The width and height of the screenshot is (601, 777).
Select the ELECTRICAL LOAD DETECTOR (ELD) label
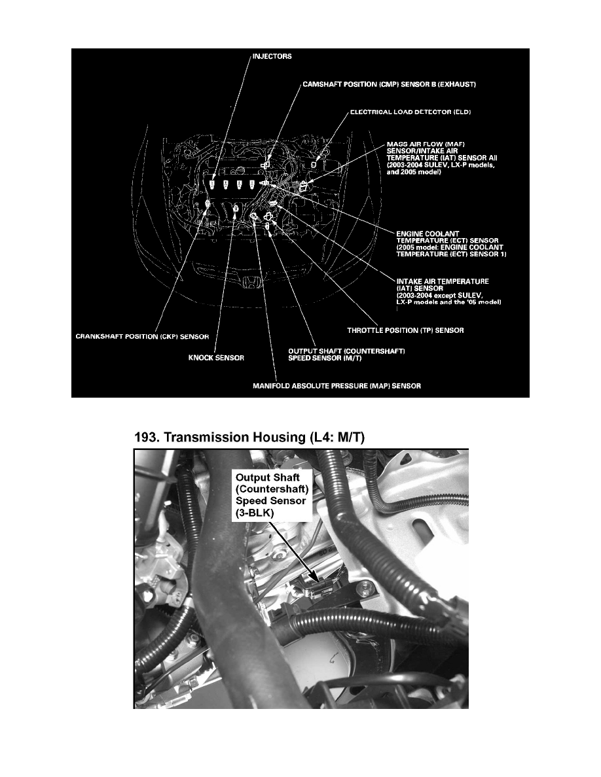click(405, 112)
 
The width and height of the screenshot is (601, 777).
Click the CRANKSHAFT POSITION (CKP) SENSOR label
click(141, 337)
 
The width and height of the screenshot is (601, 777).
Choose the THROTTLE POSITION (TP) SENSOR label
click(405, 330)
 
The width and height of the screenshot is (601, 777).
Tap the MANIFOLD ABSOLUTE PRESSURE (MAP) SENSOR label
click(337, 386)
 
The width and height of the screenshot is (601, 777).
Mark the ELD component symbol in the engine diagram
click(314, 165)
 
